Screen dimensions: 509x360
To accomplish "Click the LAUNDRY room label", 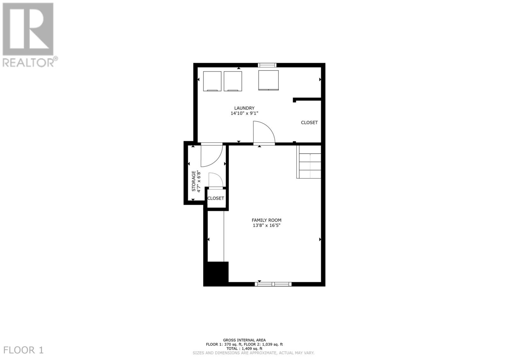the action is [244, 108].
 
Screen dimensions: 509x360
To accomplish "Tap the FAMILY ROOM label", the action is [266, 220].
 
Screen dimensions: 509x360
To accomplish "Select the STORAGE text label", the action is [194, 181].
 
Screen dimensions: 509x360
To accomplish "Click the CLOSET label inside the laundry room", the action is [309, 123].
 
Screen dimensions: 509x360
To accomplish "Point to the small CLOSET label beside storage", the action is [216, 198].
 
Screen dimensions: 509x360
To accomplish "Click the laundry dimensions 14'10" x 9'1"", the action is [244, 113].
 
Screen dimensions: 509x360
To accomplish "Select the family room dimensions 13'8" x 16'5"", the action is [266, 225].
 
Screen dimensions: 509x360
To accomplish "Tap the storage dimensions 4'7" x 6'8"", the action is [199, 181].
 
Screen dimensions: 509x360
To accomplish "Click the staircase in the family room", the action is [309, 162].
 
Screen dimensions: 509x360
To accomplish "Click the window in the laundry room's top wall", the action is [267, 65].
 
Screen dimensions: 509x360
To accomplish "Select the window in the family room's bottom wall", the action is [273, 284].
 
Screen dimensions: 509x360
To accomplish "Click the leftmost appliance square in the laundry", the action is [212, 81].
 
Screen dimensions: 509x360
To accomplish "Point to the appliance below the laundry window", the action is [268, 80].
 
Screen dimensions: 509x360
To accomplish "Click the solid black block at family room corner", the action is [216, 274].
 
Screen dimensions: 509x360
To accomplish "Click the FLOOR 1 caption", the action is [23, 350].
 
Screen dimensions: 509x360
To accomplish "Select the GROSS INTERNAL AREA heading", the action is [244, 340].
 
